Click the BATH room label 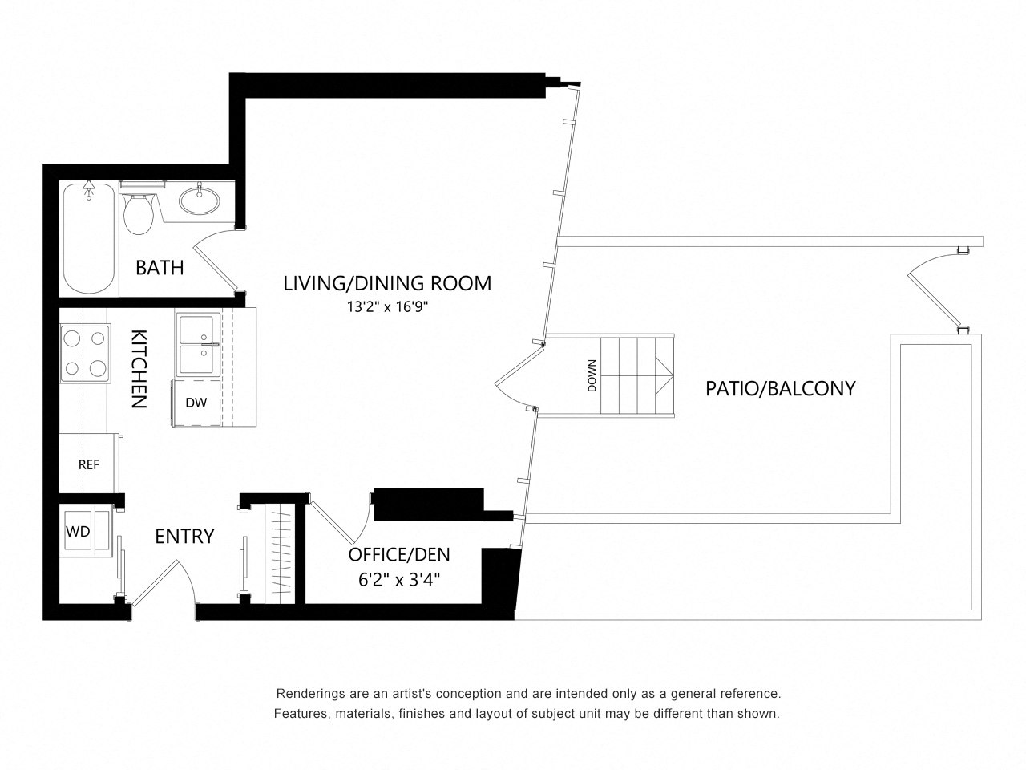coord(160,268)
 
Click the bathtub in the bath coord(88,238)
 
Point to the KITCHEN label coord(139,369)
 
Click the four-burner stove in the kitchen coord(85,354)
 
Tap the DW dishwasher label coord(196,403)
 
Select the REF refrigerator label coord(89,464)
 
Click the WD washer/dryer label coord(78,532)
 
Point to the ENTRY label coord(184,537)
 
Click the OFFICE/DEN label coord(399,554)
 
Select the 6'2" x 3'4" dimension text coord(400,580)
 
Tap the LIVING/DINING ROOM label coord(387,283)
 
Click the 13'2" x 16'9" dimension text coord(387,307)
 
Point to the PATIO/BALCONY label coord(780,388)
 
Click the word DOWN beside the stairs coord(592,375)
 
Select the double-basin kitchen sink coord(198,345)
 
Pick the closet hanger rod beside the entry coord(281,554)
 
